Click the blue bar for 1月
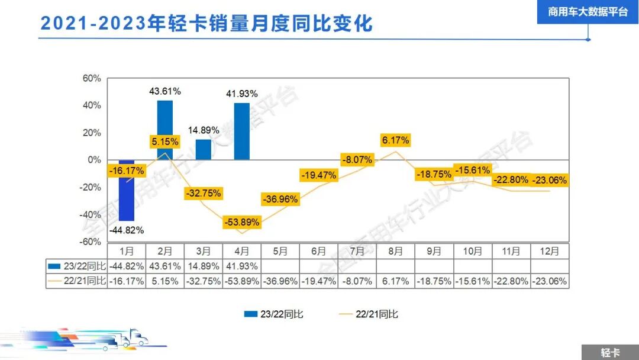[127, 190]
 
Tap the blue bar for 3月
[204, 149]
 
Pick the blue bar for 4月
[242, 131]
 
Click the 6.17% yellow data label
[395, 140]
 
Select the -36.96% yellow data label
[280, 199]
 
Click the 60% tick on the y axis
[91, 78]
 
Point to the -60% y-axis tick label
[90, 242]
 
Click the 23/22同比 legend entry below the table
[273, 314]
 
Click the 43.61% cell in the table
[165, 266]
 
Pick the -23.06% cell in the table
[550, 281]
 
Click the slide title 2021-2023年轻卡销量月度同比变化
[206, 24]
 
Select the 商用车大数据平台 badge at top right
[588, 12]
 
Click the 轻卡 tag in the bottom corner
[610, 352]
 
